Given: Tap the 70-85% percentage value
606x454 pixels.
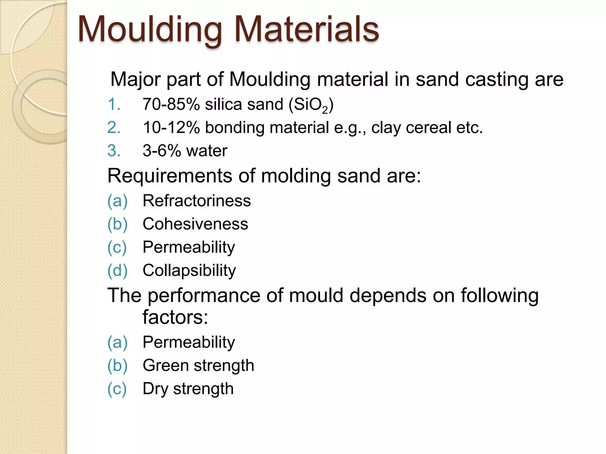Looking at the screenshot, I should tap(171, 104).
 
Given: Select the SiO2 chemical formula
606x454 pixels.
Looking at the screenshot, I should tap(311, 105).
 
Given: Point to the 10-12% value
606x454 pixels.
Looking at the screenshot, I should tap(171, 128).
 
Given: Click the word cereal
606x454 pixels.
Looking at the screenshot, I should tap(428, 128).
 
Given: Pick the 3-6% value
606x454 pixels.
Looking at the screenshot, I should tap(162, 151).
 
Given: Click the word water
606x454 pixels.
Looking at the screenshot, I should tap(207, 151).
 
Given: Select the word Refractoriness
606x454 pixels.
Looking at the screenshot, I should tap(196, 201).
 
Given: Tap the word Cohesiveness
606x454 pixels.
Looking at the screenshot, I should tap(195, 224).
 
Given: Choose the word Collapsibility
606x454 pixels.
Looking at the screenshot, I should tap(189, 270).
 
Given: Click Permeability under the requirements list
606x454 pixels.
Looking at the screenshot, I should tap(188, 247).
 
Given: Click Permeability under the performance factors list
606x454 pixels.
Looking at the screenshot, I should tap(188, 342).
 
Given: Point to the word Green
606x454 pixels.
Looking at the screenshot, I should tap(165, 365).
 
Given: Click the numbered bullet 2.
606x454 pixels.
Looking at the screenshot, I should tap(114, 128).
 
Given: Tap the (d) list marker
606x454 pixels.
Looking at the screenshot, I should tap(117, 270).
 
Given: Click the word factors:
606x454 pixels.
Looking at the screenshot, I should tap(175, 317).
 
